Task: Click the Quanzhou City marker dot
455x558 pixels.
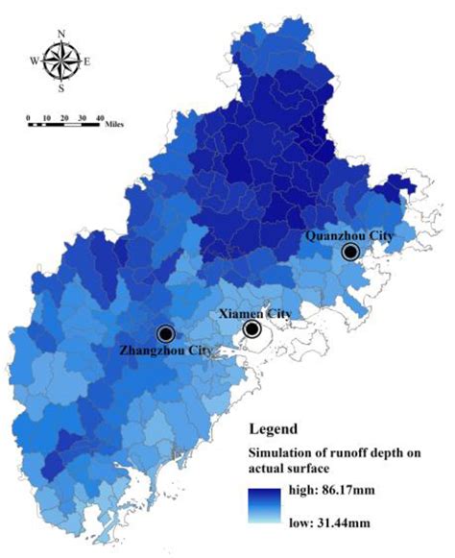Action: [350, 252]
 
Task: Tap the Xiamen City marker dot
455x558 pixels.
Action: [251, 329]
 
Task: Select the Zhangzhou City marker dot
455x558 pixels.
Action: [165, 333]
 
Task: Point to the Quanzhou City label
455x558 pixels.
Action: [347, 234]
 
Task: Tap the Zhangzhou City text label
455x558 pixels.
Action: [166, 351]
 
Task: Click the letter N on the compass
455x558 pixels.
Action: [61, 35]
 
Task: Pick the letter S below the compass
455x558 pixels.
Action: [61, 90]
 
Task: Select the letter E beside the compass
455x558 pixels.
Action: [88, 62]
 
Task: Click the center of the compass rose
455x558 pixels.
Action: [61, 62]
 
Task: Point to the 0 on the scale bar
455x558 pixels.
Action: [29, 117]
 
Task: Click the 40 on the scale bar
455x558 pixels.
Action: [99, 117]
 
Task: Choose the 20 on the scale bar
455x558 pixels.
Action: [63, 117]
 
